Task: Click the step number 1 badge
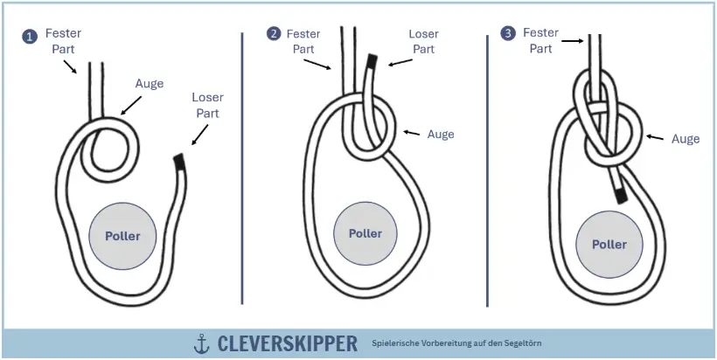click(30, 37)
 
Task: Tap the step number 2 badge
click(275, 34)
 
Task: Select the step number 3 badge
click(508, 33)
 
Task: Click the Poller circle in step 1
click(122, 236)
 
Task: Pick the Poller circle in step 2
click(365, 233)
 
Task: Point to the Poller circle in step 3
click(609, 243)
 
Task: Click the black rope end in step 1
click(179, 162)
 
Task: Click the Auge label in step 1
click(150, 84)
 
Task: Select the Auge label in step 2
click(441, 134)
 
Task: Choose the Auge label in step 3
click(685, 139)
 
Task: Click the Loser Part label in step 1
click(207, 105)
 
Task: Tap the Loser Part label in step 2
click(423, 42)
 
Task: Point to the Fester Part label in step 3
click(540, 40)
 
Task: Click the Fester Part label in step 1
click(64, 41)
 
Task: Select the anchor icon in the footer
click(202, 343)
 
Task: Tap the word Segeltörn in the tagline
click(521, 343)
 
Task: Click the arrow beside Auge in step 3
click(656, 137)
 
